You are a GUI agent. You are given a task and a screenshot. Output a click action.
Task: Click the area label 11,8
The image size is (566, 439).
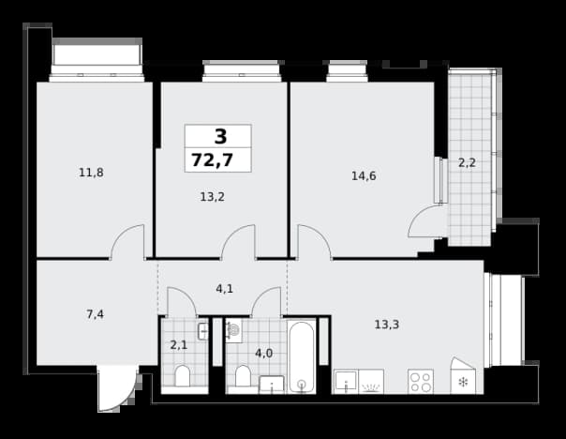(x=91, y=173)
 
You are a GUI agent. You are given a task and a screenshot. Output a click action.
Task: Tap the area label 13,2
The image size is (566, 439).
(x=212, y=197)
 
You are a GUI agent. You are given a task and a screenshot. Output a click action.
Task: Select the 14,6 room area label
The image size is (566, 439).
(x=364, y=176)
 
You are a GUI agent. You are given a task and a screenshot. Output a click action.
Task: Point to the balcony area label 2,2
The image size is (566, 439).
(x=467, y=163)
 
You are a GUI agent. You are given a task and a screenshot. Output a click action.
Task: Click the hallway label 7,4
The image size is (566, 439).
(x=95, y=314)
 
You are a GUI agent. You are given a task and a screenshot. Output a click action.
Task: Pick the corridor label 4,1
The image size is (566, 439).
(x=224, y=289)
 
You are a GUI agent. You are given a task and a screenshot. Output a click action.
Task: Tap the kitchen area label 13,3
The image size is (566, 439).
(x=387, y=325)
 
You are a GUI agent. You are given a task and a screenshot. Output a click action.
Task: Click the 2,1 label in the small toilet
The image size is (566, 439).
(x=179, y=345)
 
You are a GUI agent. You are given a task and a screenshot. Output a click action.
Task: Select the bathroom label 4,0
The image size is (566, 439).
(x=264, y=353)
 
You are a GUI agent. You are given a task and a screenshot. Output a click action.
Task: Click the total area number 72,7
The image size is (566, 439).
(x=212, y=160)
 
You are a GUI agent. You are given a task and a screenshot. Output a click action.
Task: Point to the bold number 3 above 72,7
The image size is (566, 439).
(x=220, y=137)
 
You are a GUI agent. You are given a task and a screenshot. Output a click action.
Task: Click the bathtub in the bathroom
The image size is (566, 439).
(x=302, y=356)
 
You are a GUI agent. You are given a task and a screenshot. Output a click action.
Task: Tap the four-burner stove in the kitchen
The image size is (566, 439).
(x=421, y=381)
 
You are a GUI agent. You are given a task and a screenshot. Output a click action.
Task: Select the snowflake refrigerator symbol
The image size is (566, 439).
(x=463, y=382)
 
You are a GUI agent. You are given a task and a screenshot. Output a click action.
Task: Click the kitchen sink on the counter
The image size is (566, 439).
(x=346, y=381)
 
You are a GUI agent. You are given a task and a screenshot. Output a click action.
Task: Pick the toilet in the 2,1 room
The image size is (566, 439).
(x=183, y=376)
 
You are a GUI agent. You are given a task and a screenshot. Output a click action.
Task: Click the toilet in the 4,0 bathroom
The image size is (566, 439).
(x=243, y=376)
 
